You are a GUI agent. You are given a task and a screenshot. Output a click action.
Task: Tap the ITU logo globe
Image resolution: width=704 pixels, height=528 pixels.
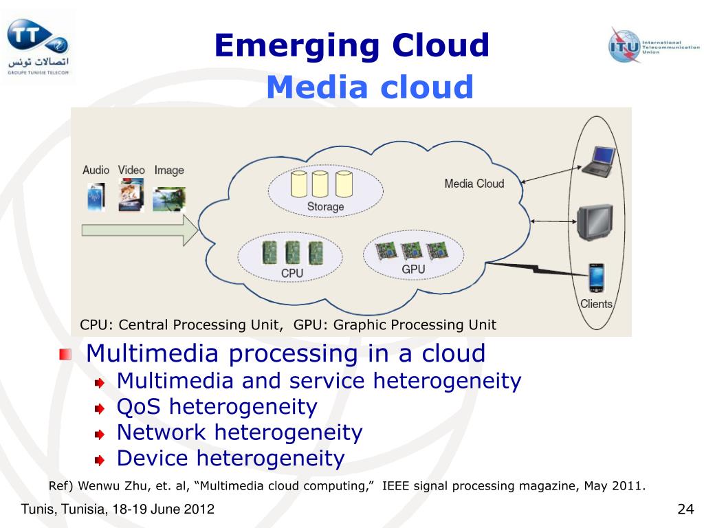click(x=624, y=45)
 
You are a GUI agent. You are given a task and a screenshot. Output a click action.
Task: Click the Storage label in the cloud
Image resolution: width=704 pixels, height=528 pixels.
click(x=325, y=206)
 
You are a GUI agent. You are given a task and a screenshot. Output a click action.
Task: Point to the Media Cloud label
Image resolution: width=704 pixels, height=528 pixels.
click(x=474, y=184)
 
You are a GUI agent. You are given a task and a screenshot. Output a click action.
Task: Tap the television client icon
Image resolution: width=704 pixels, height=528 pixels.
click(x=594, y=220)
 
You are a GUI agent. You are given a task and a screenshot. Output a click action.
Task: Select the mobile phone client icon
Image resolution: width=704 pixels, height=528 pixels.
click(x=595, y=278)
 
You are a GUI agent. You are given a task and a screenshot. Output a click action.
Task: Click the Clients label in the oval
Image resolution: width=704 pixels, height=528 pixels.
click(x=596, y=304)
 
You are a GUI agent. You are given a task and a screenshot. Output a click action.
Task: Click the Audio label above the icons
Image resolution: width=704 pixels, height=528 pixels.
click(x=96, y=170)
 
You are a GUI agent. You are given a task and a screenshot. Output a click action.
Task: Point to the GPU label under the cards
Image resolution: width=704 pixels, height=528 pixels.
click(x=413, y=269)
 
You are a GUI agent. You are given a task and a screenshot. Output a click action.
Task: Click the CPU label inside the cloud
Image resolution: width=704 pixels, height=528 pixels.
click(x=291, y=273)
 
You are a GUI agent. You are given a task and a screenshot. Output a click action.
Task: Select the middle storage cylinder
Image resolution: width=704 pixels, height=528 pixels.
click(x=320, y=184)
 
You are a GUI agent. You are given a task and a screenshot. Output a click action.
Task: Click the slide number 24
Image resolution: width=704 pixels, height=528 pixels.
click(x=685, y=509)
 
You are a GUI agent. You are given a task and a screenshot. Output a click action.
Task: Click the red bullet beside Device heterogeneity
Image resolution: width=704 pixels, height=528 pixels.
click(x=100, y=459)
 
